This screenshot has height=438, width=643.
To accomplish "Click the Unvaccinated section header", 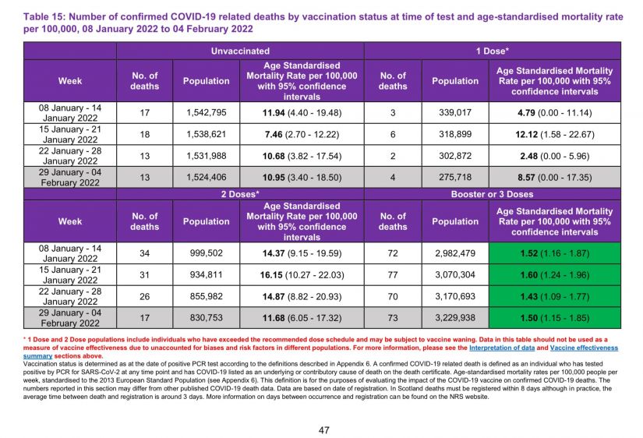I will click(240, 51).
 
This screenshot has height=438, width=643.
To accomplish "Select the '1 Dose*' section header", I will click(493, 51).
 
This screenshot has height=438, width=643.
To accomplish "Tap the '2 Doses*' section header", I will click(240, 193).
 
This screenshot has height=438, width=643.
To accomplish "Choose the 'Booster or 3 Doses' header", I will click(493, 193).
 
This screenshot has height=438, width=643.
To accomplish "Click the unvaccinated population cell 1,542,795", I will click(207, 112).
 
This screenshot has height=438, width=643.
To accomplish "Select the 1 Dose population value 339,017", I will click(455, 112).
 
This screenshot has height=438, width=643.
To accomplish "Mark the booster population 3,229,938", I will click(455, 317).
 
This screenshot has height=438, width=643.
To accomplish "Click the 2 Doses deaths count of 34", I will click(144, 253).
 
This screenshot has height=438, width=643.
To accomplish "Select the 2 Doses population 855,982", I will click(207, 295).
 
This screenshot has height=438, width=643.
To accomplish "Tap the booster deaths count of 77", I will click(393, 274).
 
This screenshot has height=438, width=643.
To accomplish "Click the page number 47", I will click(322, 429).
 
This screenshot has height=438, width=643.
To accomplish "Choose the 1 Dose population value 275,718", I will click(455, 177).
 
